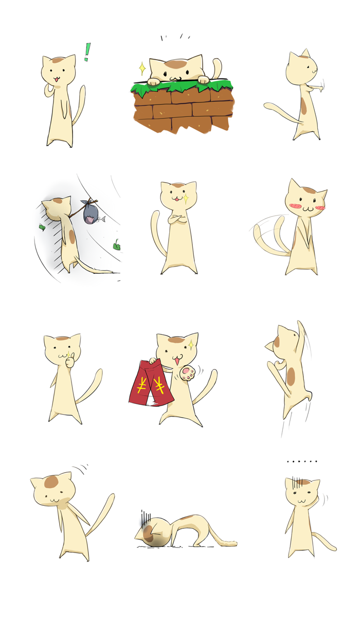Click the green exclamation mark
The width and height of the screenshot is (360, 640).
87,52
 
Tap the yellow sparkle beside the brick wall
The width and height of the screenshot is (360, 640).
142,68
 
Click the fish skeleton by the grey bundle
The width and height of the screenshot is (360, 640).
101,219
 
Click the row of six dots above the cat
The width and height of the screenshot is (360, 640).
302,461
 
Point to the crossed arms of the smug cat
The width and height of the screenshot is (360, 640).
178,219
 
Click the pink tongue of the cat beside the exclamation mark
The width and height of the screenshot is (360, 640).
56,80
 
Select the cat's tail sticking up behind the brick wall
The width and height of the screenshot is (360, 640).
217,67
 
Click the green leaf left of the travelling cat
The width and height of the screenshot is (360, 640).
42,227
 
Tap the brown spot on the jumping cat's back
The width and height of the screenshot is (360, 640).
291,377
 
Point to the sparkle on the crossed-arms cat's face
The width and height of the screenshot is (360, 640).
186,198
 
